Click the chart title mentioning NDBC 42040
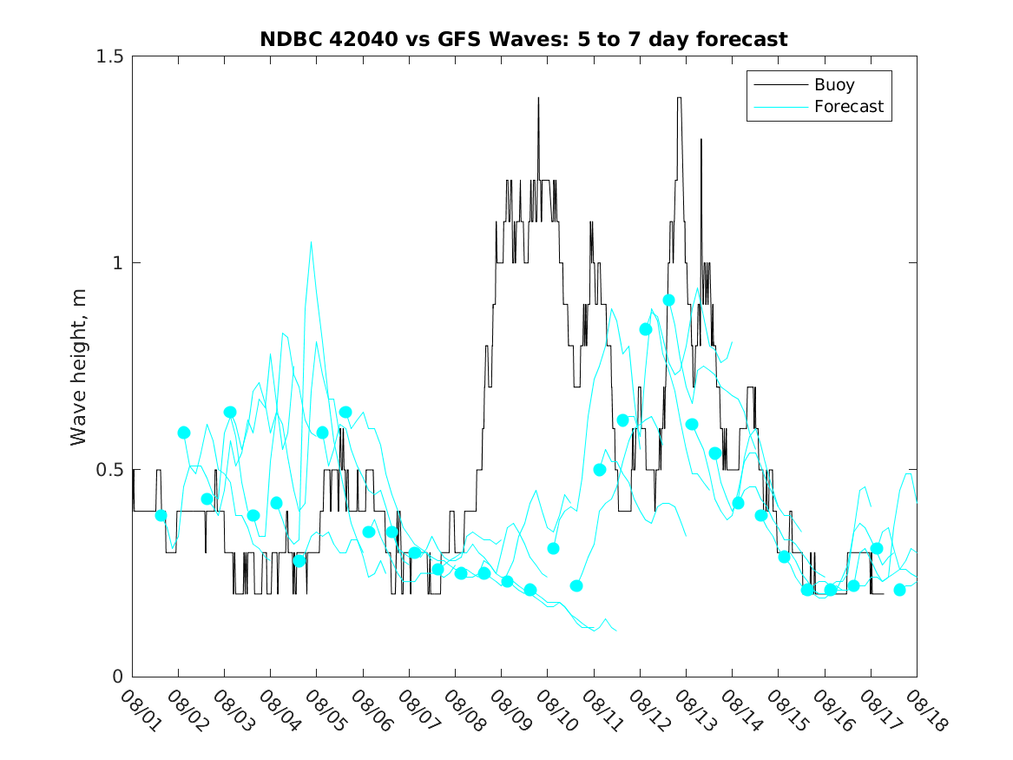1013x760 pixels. pos(523,39)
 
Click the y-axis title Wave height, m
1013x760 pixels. pos(79,366)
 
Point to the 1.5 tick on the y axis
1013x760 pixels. pos(110,56)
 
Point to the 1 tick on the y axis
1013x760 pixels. pos(118,262)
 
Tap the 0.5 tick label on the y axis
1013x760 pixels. pos(110,470)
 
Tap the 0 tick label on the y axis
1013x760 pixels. pos(118,677)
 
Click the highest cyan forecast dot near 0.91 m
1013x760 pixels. pos(668,300)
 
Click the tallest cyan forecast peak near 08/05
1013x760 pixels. pos(311,241)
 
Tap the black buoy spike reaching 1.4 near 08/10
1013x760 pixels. pos(538,98)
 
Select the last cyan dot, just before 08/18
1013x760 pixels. pos(899,590)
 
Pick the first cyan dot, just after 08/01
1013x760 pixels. pos(161,515)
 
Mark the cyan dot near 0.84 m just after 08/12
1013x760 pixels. pos(645,329)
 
